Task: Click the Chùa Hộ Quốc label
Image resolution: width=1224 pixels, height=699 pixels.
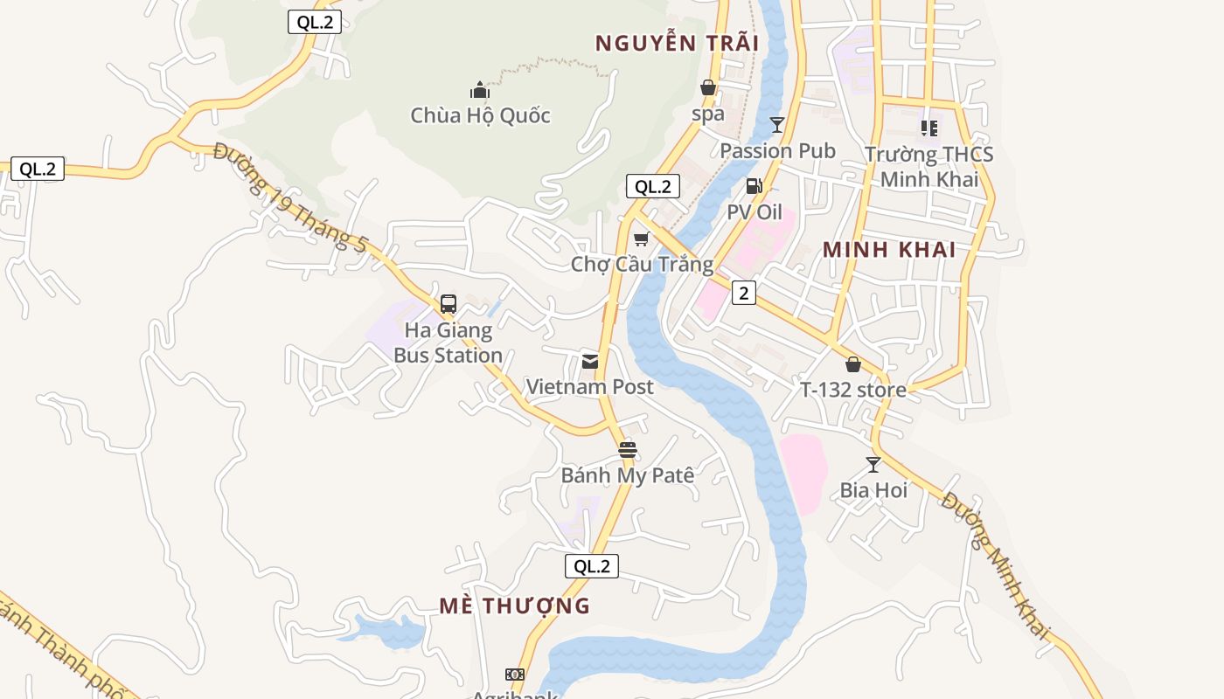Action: (480, 115)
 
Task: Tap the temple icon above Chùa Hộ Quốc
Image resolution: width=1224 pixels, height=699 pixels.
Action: (479, 90)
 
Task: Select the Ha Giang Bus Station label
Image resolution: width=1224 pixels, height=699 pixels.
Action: (448, 343)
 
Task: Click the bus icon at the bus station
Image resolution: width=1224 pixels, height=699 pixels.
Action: (449, 304)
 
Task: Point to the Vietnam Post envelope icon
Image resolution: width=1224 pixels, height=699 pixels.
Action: (590, 361)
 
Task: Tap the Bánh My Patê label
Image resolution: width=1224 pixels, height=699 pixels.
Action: (627, 475)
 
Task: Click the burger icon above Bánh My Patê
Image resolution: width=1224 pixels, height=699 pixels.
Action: (627, 450)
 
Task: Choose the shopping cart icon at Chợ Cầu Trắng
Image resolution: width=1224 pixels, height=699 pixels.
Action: (642, 239)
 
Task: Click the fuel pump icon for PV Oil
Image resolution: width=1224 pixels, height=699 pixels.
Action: (754, 186)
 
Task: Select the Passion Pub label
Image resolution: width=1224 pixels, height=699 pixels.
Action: (777, 150)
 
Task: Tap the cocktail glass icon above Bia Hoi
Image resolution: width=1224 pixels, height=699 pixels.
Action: (873, 464)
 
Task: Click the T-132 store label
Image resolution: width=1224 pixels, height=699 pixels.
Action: (853, 390)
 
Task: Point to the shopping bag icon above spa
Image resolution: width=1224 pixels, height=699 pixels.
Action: (708, 87)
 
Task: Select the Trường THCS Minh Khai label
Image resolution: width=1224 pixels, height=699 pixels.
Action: (929, 167)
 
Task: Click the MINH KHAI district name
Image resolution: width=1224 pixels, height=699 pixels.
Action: (889, 250)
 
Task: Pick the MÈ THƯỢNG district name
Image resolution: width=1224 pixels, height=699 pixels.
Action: (514, 606)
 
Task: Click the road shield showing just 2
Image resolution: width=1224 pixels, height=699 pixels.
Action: (743, 293)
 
